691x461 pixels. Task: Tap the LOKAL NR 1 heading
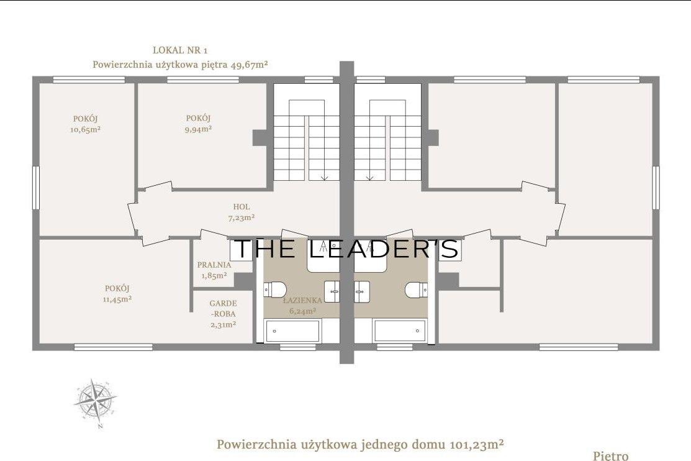click(x=180, y=50)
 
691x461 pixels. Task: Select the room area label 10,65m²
click(x=86, y=130)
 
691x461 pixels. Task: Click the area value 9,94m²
click(x=198, y=129)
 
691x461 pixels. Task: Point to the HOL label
click(x=242, y=206)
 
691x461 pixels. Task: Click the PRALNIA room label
click(x=214, y=265)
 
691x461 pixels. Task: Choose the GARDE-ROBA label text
click(x=224, y=308)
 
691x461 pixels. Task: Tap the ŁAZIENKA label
click(x=302, y=301)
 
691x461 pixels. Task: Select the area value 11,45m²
click(x=117, y=299)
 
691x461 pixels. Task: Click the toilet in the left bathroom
click(x=275, y=290)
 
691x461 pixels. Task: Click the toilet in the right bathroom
click(x=417, y=290)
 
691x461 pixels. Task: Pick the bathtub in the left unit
click(x=292, y=331)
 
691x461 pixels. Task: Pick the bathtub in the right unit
click(x=400, y=331)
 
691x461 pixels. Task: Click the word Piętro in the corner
click(x=611, y=455)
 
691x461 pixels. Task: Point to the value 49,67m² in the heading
click(x=249, y=65)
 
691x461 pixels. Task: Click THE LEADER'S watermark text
click(x=348, y=249)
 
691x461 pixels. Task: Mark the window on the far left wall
click(x=36, y=188)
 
